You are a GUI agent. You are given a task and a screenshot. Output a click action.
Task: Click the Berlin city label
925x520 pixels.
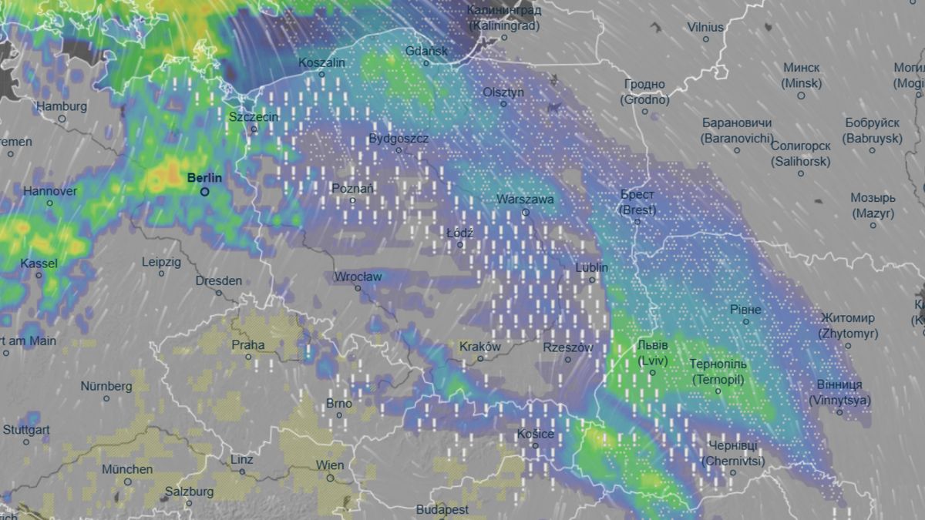(204, 178)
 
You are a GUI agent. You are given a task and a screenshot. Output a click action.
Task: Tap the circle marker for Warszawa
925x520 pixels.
(526, 213)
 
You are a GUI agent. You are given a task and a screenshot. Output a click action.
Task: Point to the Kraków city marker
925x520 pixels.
(480, 358)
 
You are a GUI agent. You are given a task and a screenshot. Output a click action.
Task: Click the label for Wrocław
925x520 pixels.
(358, 277)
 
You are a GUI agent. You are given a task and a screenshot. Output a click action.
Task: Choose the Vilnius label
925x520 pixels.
(705, 27)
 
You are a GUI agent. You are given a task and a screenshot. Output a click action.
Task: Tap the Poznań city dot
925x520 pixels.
(353, 200)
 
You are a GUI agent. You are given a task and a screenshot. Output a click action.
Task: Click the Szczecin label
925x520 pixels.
(254, 117)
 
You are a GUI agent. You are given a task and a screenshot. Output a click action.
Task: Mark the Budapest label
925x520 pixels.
(442, 509)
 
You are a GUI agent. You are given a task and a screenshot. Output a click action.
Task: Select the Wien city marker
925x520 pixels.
(330, 478)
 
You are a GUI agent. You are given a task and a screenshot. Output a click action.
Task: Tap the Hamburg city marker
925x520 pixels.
(62, 119)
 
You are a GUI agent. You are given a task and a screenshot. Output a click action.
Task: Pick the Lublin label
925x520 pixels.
(592, 267)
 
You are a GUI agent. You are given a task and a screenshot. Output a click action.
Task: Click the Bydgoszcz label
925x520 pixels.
(399, 139)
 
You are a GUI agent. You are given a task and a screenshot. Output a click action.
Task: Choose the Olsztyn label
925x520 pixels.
(503, 92)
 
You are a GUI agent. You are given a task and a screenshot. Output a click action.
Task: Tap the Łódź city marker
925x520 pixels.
(460, 245)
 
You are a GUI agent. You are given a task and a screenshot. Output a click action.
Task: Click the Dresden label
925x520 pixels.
(218, 281)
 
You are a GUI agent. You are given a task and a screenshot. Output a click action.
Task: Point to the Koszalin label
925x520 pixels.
(321, 62)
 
